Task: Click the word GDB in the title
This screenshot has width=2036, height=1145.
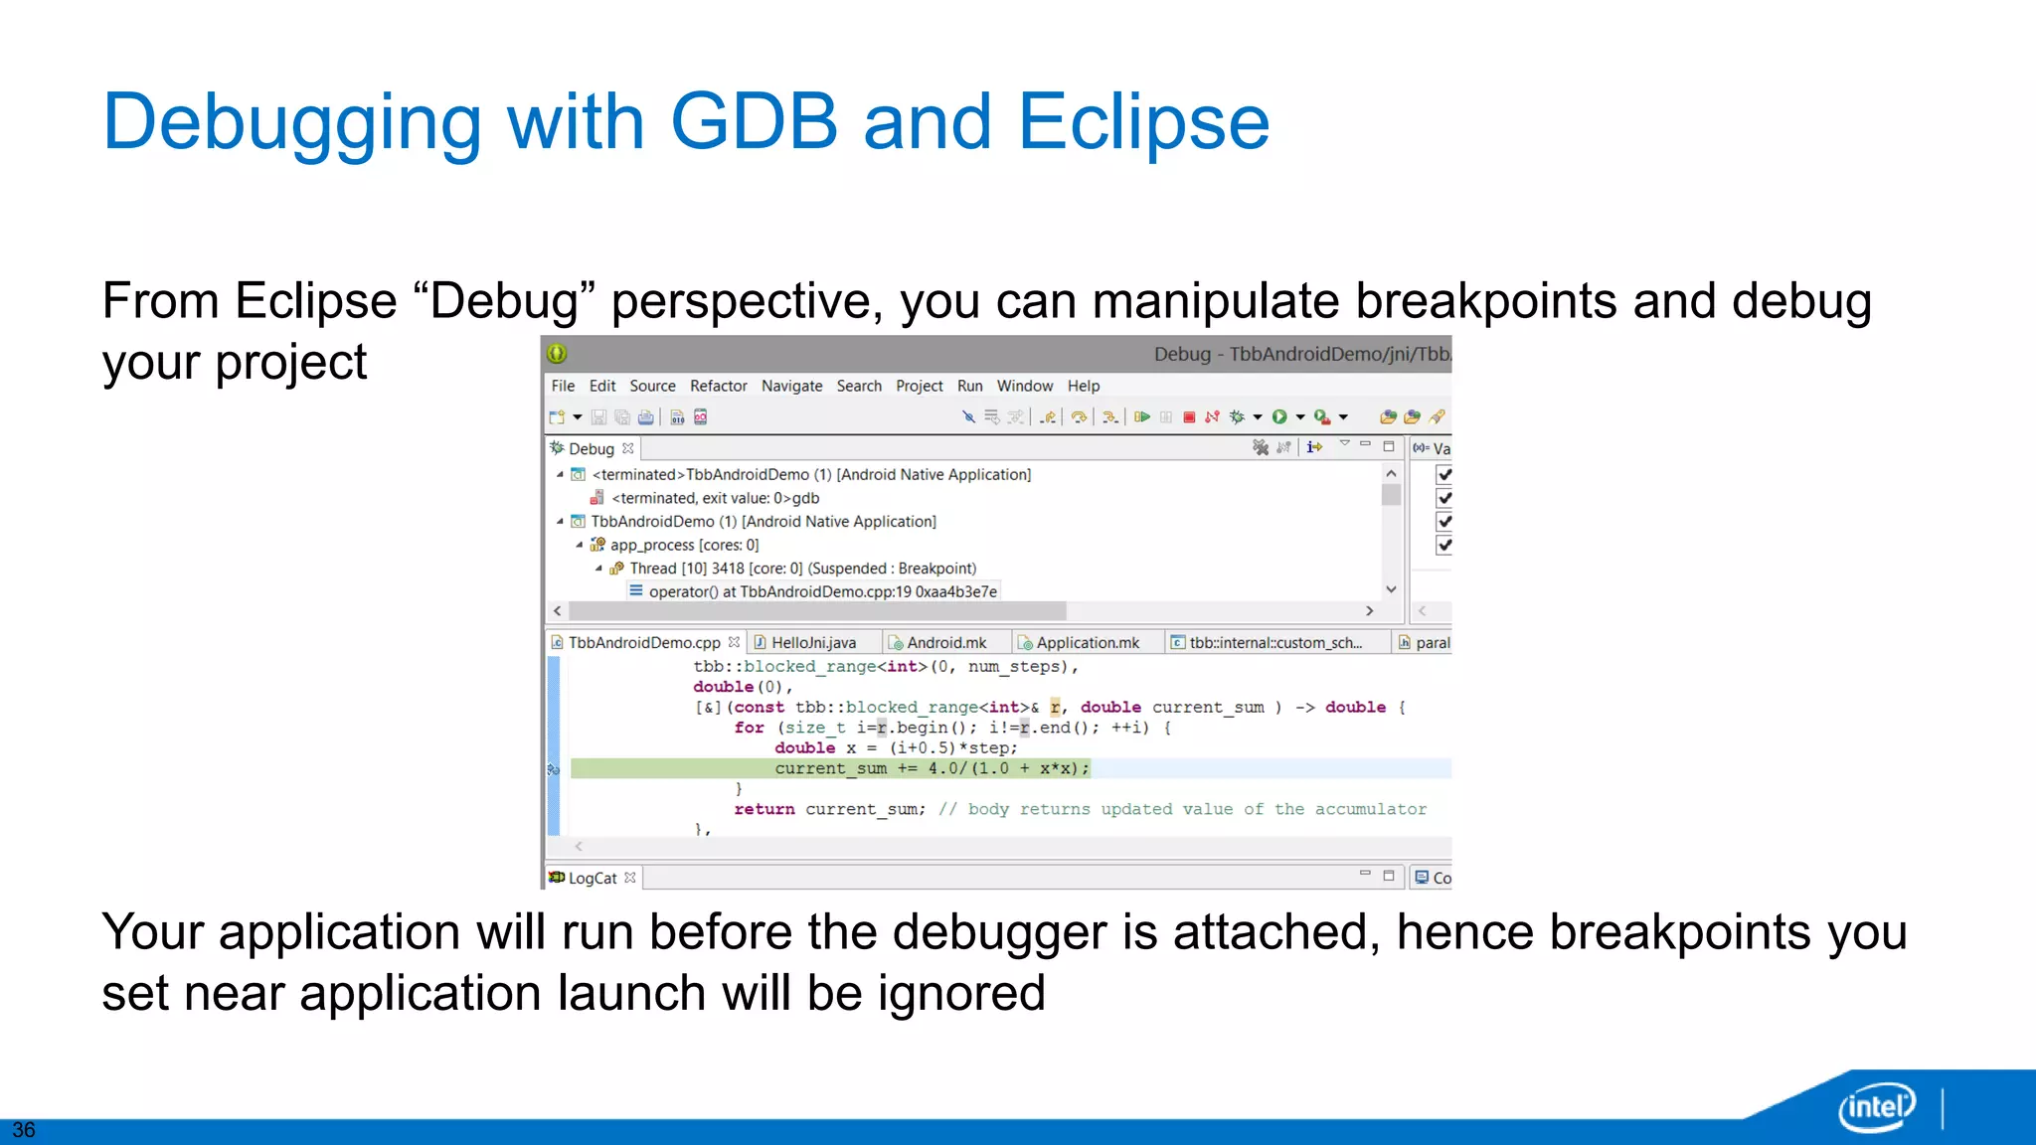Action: (754, 122)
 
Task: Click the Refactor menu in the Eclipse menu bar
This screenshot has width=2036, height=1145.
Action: (718, 386)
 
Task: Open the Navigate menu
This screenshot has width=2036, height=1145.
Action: (791, 386)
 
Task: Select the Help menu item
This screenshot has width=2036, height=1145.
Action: (1083, 386)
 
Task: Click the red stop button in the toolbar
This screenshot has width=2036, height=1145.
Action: (1189, 417)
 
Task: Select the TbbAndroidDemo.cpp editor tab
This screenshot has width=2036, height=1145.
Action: (643, 643)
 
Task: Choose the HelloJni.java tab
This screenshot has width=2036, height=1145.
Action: (812, 643)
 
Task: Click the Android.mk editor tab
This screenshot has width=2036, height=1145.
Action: (945, 643)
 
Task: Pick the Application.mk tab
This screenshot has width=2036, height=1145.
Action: (1087, 643)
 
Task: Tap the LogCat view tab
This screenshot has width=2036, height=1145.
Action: (592, 878)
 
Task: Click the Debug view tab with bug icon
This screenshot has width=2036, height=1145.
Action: (591, 448)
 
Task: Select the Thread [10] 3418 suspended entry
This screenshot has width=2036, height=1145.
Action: (802, 569)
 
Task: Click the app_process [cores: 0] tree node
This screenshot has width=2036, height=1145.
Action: (683, 545)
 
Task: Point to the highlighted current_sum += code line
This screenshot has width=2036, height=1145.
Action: (931, 768)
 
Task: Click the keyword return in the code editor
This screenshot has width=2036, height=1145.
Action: (763, 809)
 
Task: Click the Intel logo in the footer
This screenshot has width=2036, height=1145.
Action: (1876, 1106)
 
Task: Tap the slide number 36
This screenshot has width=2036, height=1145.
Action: (24, 1130)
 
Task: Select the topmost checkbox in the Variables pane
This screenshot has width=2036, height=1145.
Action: (1444, 475)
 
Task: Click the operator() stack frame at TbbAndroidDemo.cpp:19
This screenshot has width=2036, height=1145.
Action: (821, 591)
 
